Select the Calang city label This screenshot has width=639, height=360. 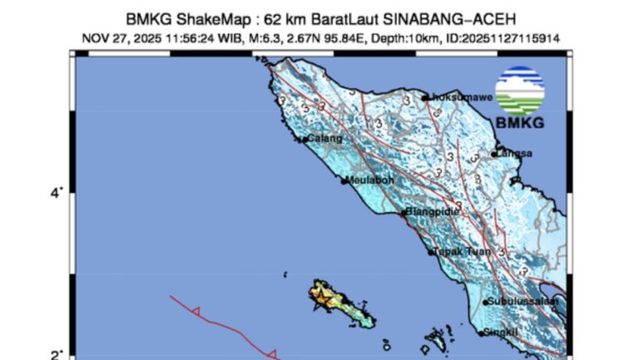[x=325, y=138]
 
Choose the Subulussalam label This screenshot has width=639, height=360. [x=520, y=301]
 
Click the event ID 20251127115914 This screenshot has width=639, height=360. [x=506, y=37]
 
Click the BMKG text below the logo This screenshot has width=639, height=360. [x=519, y=124]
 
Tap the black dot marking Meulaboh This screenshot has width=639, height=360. [x=344, y=180]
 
